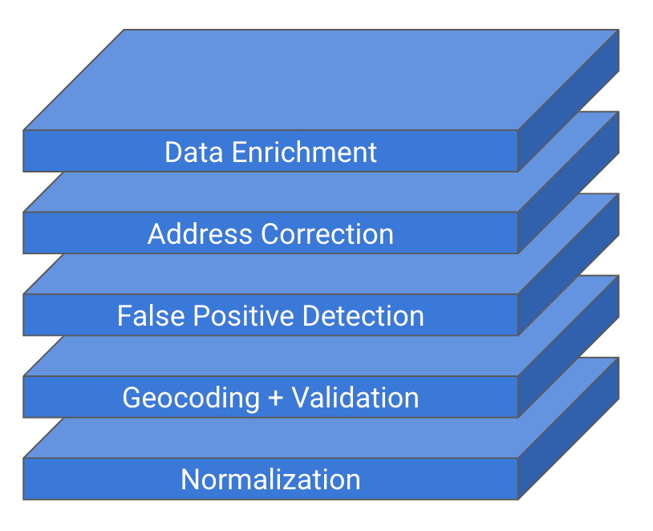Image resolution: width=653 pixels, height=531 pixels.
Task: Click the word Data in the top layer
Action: (x=193, y=152)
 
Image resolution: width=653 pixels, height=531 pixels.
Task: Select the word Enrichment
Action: (x=304, y=152)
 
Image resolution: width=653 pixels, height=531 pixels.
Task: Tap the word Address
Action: (x=200, y=233)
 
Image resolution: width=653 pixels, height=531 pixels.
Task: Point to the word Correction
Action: (x=327, y=233)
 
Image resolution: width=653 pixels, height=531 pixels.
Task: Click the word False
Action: (x=151, y=316)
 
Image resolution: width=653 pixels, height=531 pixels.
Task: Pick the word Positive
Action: (x=244, y=316)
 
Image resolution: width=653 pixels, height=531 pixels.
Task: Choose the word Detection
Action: (x=363, y=316)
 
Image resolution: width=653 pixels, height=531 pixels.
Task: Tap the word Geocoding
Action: (x=191, y=398)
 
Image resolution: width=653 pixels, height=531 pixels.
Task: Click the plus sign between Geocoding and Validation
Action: (x=276, y=398)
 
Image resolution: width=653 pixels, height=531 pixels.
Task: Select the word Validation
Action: (x=355, y=398)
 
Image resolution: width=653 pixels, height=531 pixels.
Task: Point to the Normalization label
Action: (x=270, y=480)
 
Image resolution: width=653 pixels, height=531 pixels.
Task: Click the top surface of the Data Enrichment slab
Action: (x=321, y=79)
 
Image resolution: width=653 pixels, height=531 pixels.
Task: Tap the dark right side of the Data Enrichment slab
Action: (x=569, y=100)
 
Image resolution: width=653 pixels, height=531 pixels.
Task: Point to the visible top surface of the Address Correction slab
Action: (x=270, y=192)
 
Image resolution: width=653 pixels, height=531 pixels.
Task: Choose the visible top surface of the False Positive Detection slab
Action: (x=270, y=274)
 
